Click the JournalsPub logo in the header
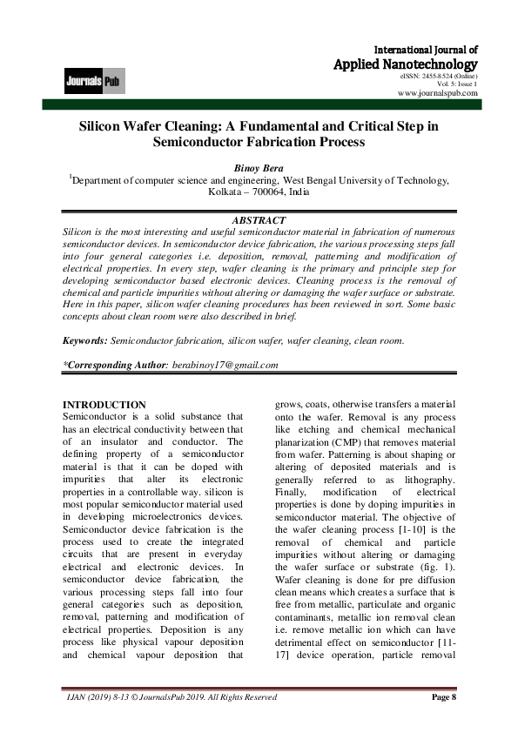(93, 83)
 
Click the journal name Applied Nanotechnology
(406, 64)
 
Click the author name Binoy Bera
(259, 167)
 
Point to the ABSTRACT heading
(259, 220)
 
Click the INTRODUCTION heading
(104, 405)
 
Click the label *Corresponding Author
(114, 365)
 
